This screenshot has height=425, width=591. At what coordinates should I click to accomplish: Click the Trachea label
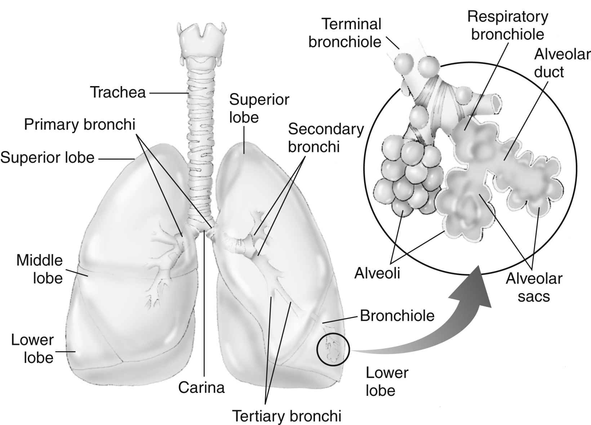(117, 92)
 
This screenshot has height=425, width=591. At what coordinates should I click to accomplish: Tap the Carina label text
(201, 388)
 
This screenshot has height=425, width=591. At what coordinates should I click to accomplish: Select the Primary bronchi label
(79, 124)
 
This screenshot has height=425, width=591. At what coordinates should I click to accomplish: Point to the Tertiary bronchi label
(286, 416)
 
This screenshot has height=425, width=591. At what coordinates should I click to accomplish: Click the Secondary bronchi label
(325, 138)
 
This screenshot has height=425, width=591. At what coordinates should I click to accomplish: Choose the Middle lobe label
(40, 269)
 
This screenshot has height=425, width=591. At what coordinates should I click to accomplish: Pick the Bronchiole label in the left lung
(397, 316)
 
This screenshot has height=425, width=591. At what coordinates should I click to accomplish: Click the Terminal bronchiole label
(345, 33)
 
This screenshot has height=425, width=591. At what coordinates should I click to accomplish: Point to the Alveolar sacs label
(534, 287)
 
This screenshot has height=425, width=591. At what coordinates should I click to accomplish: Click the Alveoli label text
(377, 273)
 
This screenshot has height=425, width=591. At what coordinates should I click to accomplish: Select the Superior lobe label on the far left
(47, 157)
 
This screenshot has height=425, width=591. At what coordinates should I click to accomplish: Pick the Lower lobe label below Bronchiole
(387, 381)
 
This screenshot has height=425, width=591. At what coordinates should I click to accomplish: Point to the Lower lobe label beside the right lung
(32, 348)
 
